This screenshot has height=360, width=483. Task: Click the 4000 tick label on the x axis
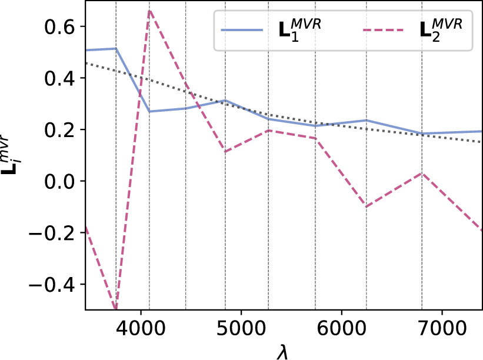pyautogui.click(x=141, y=328)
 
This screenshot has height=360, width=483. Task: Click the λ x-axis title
pyautogui.click(x=284, y=351)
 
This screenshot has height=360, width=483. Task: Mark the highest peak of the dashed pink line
pyautogui.click(x=149, y=10)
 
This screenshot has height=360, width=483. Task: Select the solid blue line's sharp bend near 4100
pyautogui.click(x=149, y=111)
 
